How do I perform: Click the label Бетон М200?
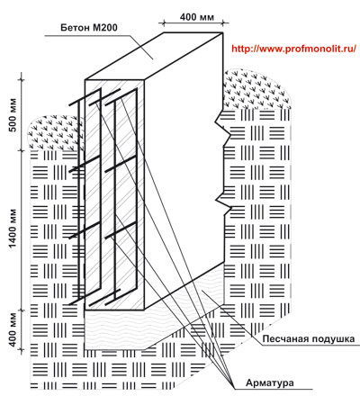(x=89, y=28)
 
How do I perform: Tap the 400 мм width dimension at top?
(x=197, y=17)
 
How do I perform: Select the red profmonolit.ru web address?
(x=294, y=49)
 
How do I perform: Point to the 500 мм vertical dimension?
(x=13, y=114)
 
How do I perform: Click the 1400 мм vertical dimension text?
(x=13, y=229)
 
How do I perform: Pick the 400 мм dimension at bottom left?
(x=13, y=329)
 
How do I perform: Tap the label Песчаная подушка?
(x=309, y=339)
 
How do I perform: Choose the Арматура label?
(x=270, y=382)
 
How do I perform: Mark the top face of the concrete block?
(x=154, y=56)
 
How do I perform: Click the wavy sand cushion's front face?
(x=114, y=329)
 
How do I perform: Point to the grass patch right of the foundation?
(x=257, y=89)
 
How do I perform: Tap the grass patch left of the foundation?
(x=56, y=132)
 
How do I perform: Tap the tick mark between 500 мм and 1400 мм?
(x=22, y=150)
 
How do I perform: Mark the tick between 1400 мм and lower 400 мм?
(x=22, y=310)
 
